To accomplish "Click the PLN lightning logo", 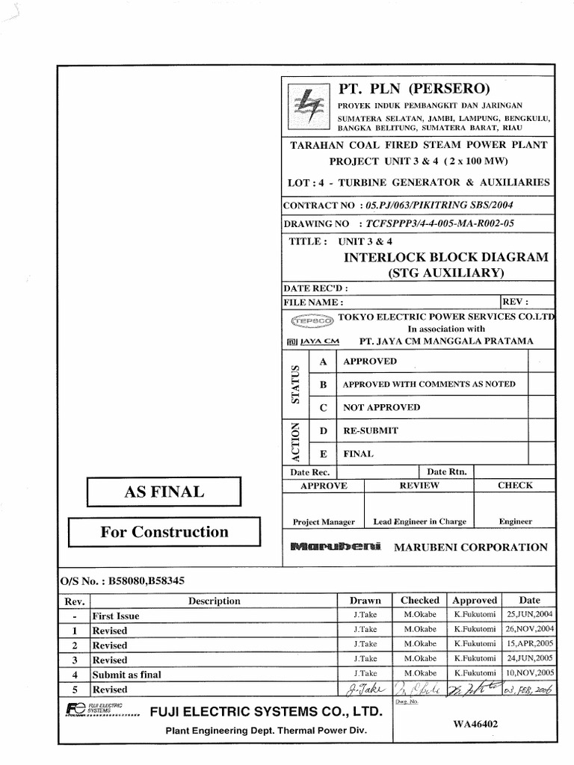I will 308,106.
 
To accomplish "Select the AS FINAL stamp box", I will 163,492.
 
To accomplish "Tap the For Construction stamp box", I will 164,532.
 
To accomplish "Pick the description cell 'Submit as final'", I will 126,674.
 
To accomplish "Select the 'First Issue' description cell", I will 116,616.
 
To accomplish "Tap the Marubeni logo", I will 335,547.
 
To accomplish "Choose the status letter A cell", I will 324,362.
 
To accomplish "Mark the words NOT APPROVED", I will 381,407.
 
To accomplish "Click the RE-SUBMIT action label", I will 370,430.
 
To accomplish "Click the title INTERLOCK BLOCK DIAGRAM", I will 445,257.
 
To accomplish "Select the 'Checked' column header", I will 420,600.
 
